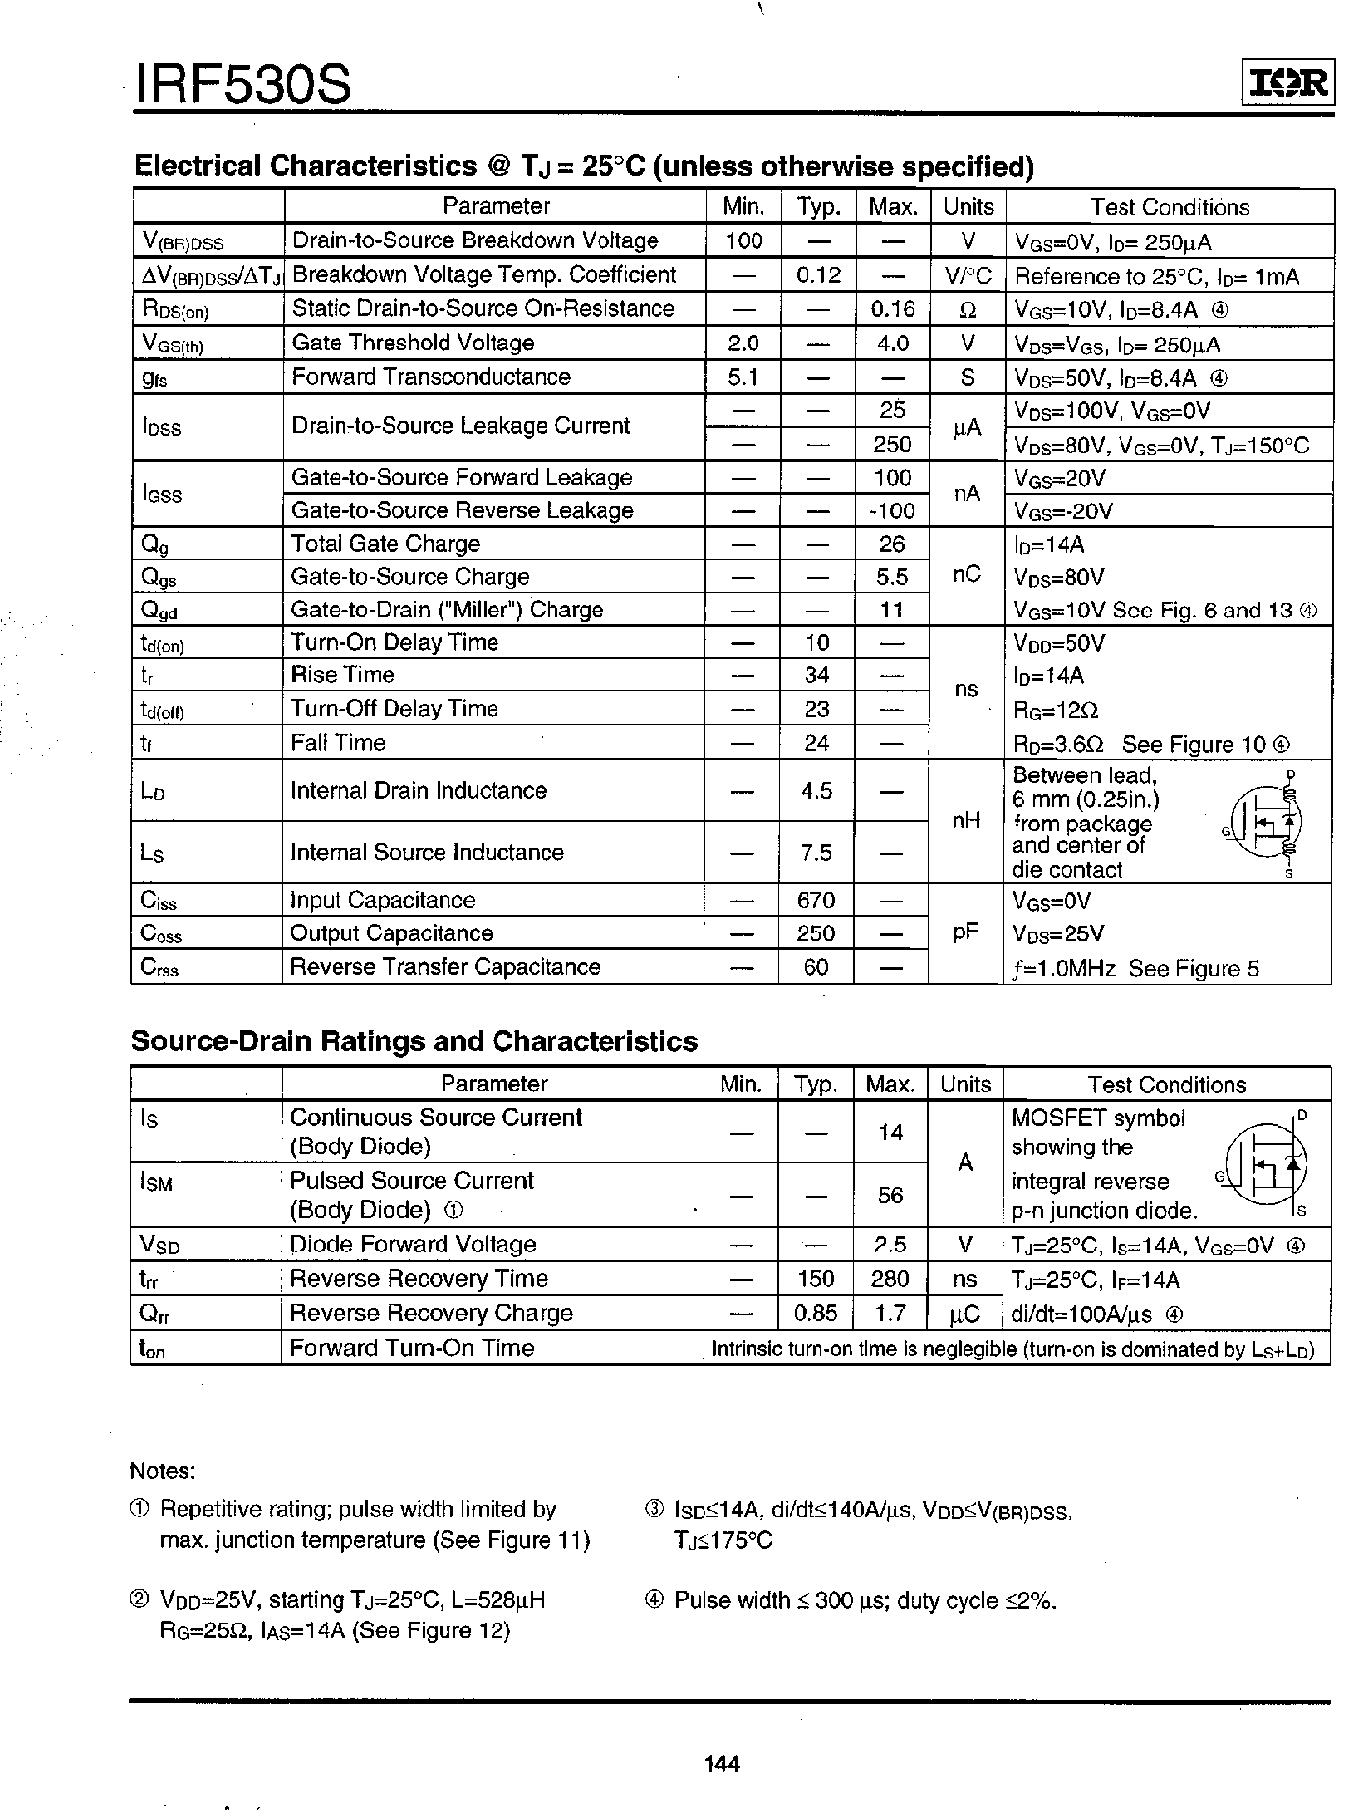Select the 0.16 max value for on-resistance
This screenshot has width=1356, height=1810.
(x=892, y=309)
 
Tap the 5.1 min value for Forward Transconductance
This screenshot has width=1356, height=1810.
(x=744, y=377)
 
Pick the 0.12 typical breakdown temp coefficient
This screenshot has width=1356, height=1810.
(x=818, y=275)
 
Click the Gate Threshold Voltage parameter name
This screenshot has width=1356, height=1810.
(x=413, y=343)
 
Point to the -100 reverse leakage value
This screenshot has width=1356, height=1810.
(x=892, y=510)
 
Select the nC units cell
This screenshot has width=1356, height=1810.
(x=966, y=575)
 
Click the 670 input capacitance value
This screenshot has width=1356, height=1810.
(x=815, y=900)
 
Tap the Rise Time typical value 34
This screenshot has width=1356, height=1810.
(x=816, y=675)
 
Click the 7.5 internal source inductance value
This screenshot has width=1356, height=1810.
(x=816, y=852)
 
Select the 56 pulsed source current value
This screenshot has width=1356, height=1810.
(x=890, y=1195)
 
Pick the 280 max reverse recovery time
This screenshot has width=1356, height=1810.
(x=890, y=1279)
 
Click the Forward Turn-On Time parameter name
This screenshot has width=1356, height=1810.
(x=412, y=1348)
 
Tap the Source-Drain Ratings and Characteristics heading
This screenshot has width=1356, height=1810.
(x=414, y=1041)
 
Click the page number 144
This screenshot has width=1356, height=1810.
(x=722, y=1764)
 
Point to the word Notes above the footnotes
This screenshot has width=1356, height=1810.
(x=163, y=1471)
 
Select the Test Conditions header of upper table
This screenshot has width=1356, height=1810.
(x=1170, y=207)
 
